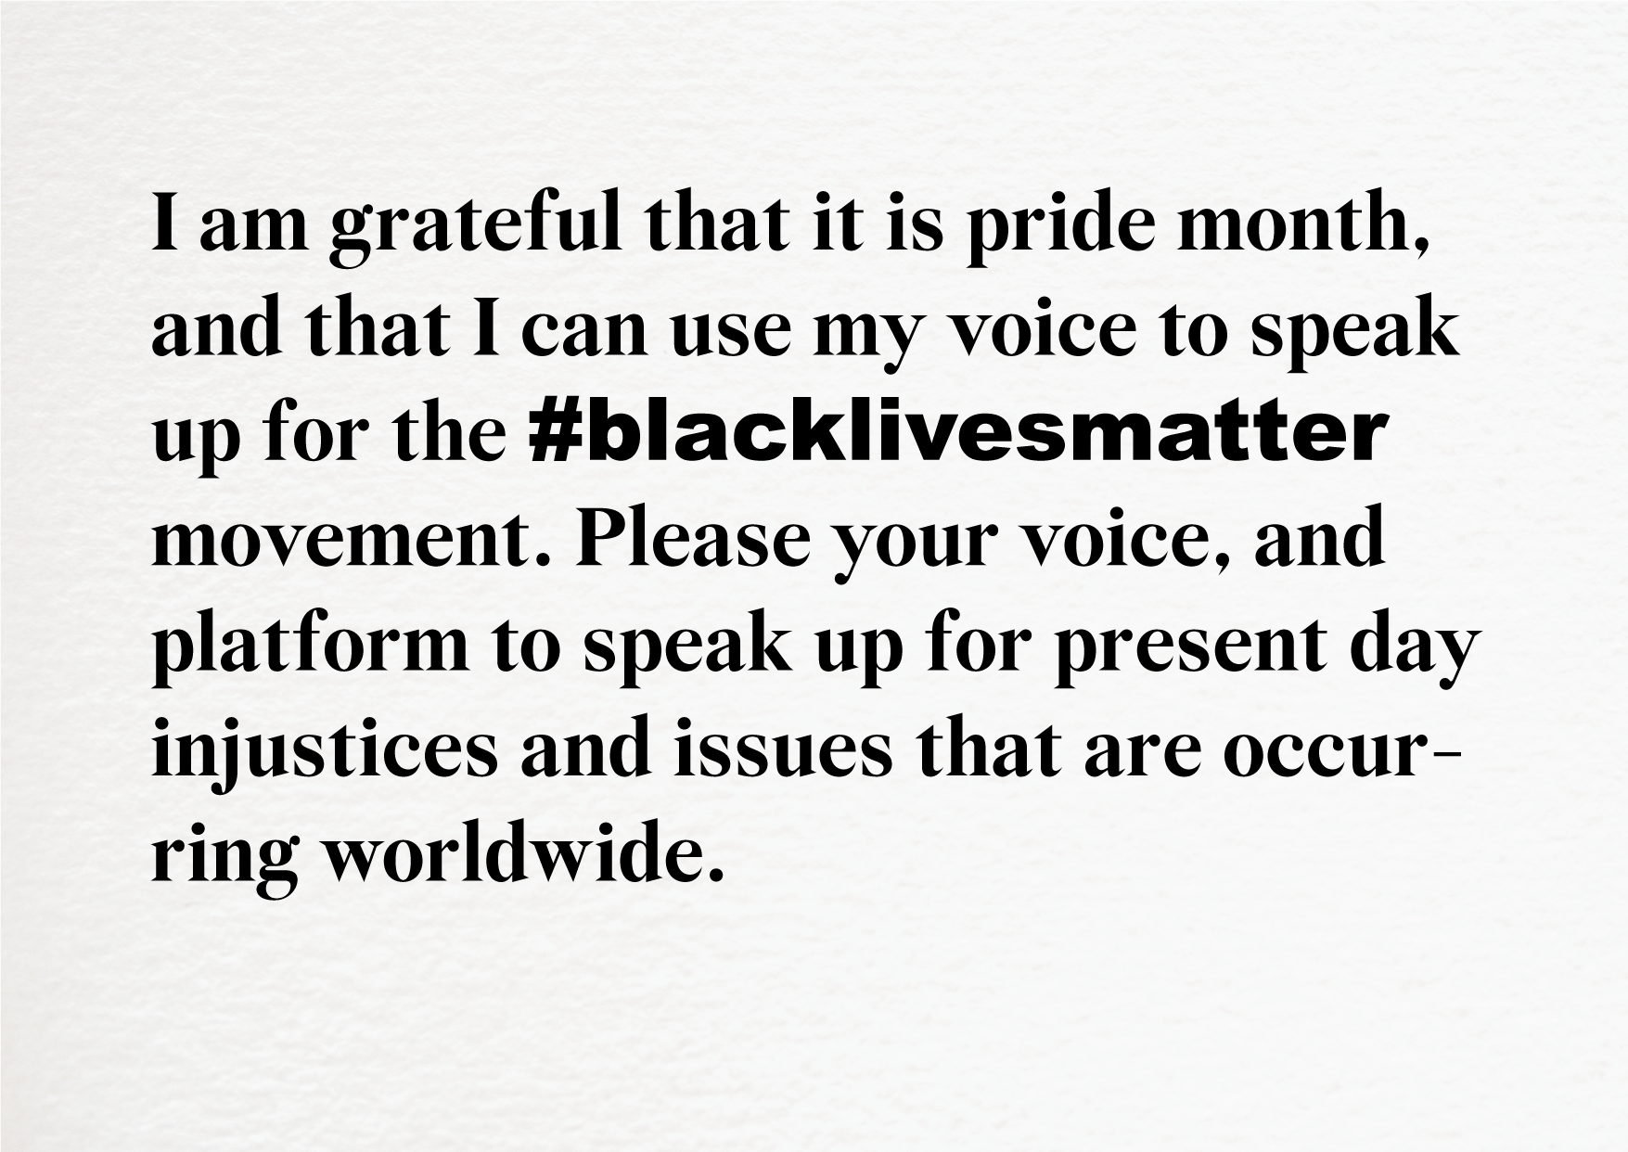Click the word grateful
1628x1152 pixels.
coord(474,228)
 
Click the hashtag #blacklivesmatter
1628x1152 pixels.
coord(957,435)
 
